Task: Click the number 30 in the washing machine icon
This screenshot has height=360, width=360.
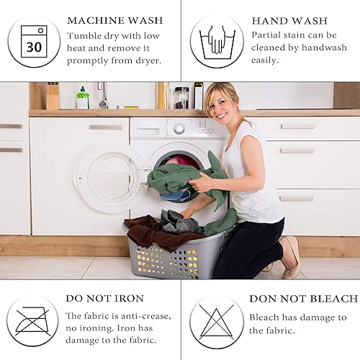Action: click(x=34, y=47)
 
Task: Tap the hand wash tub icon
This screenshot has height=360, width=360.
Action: click(x=217, y=42)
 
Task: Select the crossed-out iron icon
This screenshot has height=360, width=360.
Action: click(x=32, y=321)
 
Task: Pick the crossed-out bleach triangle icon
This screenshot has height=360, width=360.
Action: click(x=217, y=322)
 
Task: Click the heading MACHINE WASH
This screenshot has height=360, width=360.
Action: click(x=115, y=21)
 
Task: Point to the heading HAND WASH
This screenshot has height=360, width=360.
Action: click(x=289, y=21)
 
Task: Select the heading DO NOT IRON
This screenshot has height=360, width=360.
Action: click(x=105, y=299)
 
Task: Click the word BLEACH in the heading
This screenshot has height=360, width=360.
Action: click(x=334, y=299)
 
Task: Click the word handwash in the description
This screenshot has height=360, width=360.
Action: click(x=324, y=48)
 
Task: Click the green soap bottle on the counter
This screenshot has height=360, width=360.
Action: click(x=83, y=98)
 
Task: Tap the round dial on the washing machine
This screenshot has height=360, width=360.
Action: click(x=179, y=128)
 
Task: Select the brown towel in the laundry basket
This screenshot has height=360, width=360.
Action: click(x=153, y=232)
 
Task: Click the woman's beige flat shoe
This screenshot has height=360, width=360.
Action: click(x=291, y=257)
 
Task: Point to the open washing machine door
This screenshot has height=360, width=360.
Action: click(x=107, y=179)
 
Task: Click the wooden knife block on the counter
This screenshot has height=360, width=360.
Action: click(x=53, y=96)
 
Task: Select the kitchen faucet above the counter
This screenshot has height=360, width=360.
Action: click(x=103, y=95)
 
